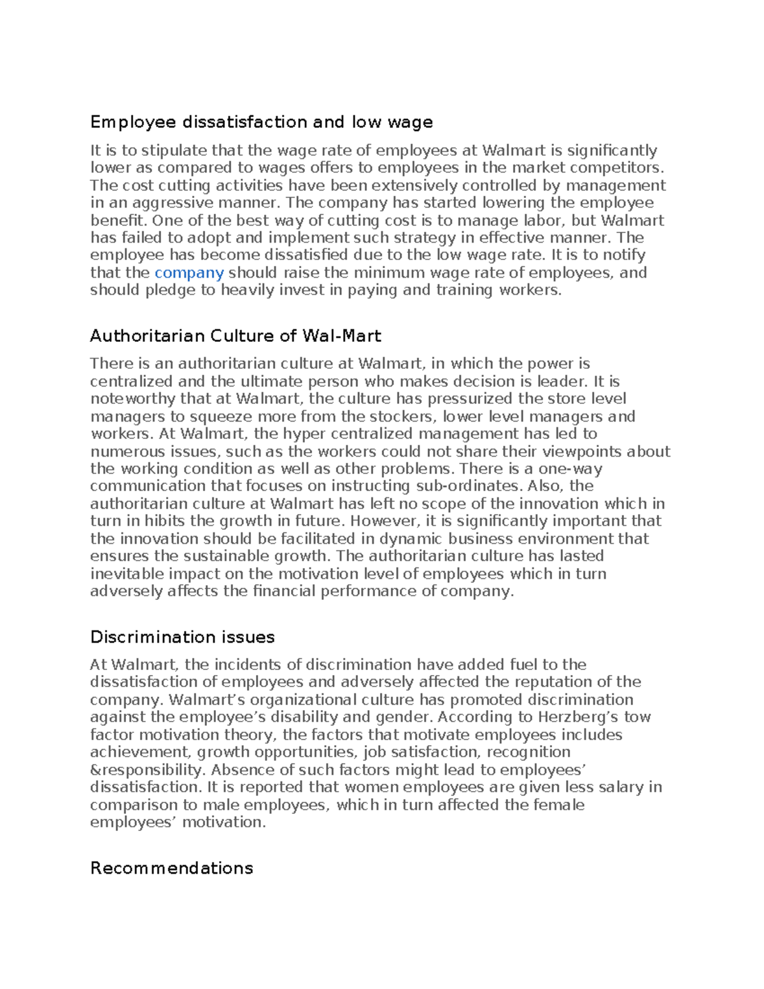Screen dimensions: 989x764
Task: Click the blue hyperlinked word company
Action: [x=189, y=273]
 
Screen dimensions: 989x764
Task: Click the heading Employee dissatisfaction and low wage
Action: [x=261, y=122]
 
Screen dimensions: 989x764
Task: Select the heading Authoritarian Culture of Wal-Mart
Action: [x=235, y=336]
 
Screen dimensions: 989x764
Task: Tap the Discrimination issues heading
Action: [x=182, y=637]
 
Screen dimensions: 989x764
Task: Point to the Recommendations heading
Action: [x=171, y=868]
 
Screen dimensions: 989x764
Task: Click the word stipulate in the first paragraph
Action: [x=174, y=151]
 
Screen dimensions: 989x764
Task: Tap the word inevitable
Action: [x=127, y=574]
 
